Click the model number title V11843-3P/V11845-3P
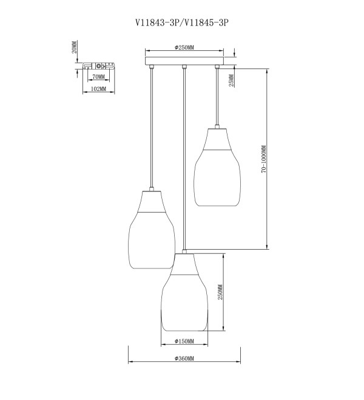pos(181,22)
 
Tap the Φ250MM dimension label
pos(184,47)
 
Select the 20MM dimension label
pos(74,47)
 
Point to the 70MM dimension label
pos(98,76)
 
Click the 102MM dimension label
pos(98,88)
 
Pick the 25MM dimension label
pos(231,81)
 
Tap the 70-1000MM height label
pos(264,159)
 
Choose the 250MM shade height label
pos(220,292)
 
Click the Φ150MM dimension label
pos(184,341)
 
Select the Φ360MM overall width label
pos(184,358)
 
